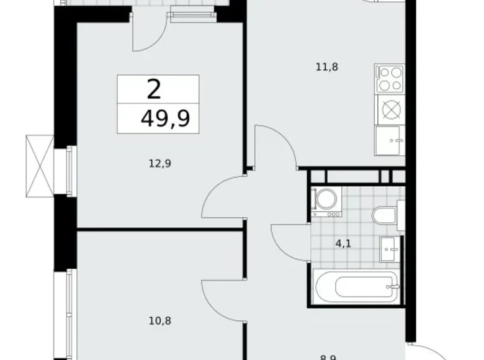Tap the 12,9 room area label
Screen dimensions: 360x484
tap(159, 164)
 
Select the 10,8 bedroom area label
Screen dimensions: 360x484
tap(159, 322)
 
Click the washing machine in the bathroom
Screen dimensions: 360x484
tap(326, 200)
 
